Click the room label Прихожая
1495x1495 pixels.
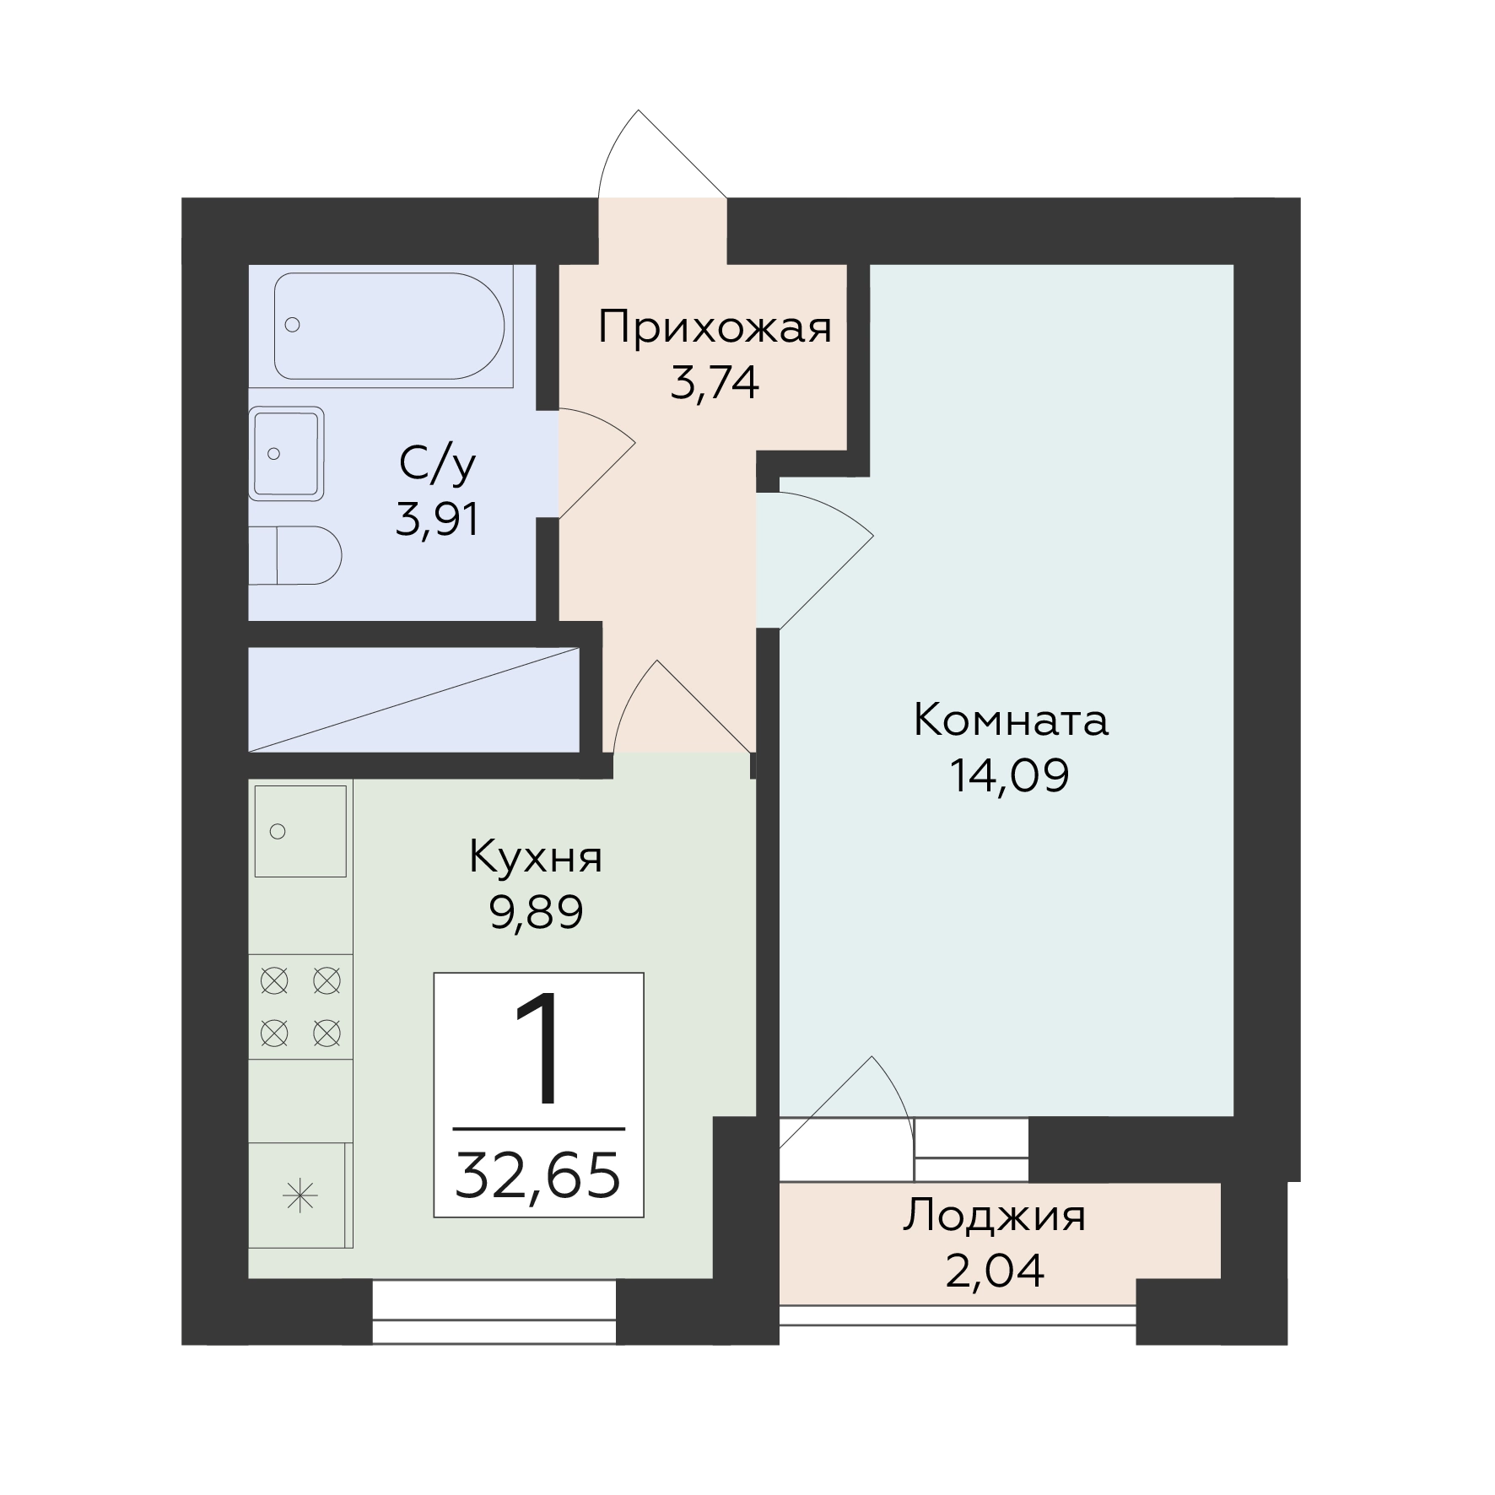(715, 328)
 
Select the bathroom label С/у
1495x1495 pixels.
(438, 465)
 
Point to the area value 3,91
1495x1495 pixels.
(438, 520)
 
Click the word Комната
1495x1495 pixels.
(1011, 721)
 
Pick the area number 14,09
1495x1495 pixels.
(1010, 775)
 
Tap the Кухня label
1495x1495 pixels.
(536, 857)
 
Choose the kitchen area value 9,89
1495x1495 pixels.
(537, 912)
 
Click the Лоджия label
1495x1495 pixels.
(995, 1218)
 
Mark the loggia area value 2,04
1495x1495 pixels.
(995, 1271)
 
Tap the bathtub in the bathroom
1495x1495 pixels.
(390, 326)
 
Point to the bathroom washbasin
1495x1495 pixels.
(287, 454)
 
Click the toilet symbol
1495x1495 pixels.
(295, 555)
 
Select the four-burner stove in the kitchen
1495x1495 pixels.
(300, 1007)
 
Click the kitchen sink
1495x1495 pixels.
(300, 831)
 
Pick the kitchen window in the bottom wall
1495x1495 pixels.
(494, 1311)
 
